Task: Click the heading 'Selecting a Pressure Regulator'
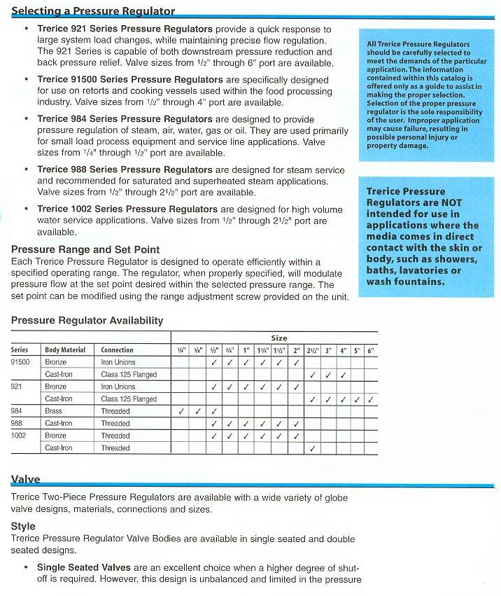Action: [93, 11]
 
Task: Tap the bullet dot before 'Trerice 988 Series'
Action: [27, 169]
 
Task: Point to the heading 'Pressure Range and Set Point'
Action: [85, 250]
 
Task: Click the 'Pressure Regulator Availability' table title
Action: [87, 321]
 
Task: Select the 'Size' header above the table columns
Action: [278, 338]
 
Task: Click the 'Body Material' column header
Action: [65, 349]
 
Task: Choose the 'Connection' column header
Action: [117, 349]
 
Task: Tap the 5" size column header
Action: [357, 349]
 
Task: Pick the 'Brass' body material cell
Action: [54, 411]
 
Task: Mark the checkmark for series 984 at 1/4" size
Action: [181, 411]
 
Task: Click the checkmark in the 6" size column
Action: [370, 399]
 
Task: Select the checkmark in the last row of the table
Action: [313, 448]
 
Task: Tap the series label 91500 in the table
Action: [20, 362]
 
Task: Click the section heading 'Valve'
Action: [26, 480]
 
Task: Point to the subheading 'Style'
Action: [23, 526]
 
